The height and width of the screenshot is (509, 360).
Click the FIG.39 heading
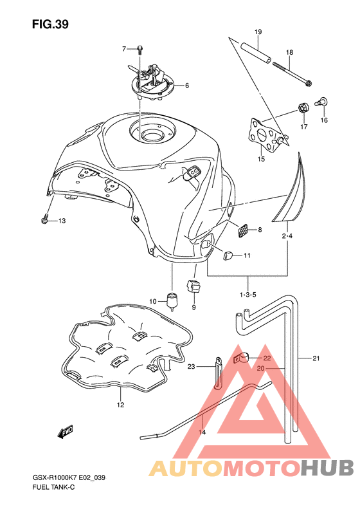[x=50, y=24]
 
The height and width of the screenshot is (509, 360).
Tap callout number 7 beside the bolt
[x=124, y=49]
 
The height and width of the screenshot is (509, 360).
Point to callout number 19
[x=258, y=32]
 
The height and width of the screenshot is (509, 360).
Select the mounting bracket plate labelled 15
[x=265, y=134]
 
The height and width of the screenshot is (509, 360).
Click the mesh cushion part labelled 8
[x=244, y=230]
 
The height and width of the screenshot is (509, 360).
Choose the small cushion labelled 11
[x=228, y=256]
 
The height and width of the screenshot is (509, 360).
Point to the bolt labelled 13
[x=45, y=219]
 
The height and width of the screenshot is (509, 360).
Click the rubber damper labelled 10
[x=172, y=301]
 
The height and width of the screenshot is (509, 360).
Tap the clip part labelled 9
[x=194, y=286]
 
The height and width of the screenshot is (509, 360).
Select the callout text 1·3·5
[x=248, y=295]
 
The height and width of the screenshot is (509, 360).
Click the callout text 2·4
[x=287, y=236]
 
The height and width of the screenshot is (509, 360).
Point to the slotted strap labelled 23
[x=219, y=372]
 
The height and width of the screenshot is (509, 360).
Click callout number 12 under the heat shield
[x=120, y=405]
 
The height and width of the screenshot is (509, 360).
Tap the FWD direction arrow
[x=65, y=431]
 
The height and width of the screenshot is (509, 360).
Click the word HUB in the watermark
[x=327, y=468]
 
